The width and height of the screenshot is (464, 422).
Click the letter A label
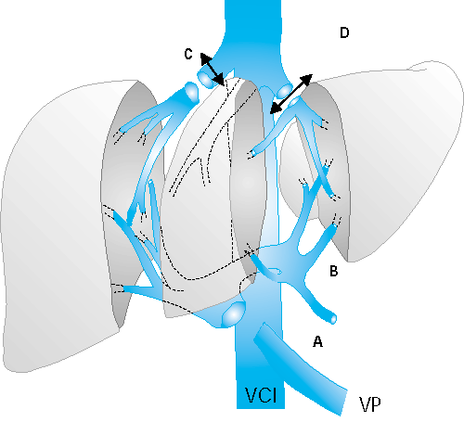coord(317,341)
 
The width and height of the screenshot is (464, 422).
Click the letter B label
coord(334,271)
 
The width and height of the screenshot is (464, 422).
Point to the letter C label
coord(188,54)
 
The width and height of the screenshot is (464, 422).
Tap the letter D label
coord(344,32)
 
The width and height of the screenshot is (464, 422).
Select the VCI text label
coord(261,395)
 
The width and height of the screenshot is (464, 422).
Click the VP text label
coord(370,404)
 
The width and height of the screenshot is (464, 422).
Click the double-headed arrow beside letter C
coord(213,70)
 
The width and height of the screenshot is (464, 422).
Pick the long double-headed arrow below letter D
coord(291,94)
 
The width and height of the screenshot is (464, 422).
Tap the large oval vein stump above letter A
coord(234,314)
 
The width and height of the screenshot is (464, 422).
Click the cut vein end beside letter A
coord(333,319)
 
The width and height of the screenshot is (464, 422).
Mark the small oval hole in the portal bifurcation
coord(276,272)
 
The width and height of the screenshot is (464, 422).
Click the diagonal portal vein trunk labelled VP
coord(300,368)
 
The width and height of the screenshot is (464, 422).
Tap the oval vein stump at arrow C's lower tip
coord(206,79)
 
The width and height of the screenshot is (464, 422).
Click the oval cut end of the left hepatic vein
coord(192,92)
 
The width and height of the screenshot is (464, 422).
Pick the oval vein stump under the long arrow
coord(285,90)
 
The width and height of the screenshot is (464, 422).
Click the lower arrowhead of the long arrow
coord(274,109)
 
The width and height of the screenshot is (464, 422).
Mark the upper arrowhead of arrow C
coord(205,58)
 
